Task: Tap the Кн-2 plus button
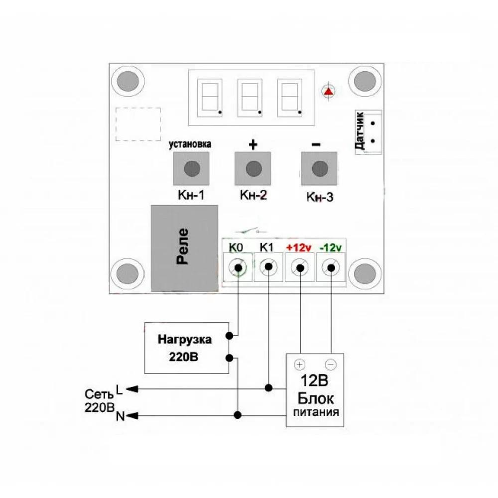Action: pyautogui.click(x=253, y=169)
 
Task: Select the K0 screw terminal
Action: pyautogui.click(x=239, y=267)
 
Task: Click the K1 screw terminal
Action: pyautogui.click(x=268, y=267)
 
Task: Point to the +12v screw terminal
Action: pyautogui.click(x=300, y=267)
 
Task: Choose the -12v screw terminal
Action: pyautogui.click(x=331, y=267)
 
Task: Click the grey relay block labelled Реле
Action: pyautogui.click(x=184, y=248)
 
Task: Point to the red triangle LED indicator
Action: pyautogui.click(x=328, y=91)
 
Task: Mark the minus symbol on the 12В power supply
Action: pyautogui.click(x=331, y=364)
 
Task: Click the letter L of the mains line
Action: pyautogui.click(x=119, y=387)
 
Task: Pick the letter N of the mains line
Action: pyautogui.click(x=120, y=416)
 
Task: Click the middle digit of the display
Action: pyautogui.click(x=249, y=97)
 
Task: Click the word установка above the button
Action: pyautogui.click(x=190, y=144)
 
